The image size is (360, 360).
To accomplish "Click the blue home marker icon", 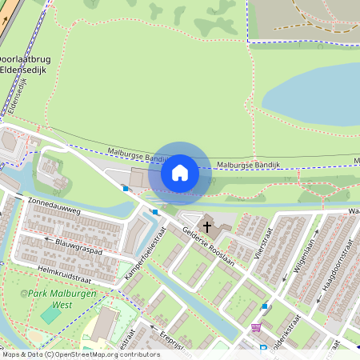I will click(x=180, y=172).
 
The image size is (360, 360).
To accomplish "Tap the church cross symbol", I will click(x=208, y=227).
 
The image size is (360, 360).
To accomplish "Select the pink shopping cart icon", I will click(x=256, y=326).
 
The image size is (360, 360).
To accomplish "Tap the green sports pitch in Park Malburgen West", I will click(x=50, y=314).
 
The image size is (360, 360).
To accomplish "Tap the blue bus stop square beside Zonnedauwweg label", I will click(x=126, y=189).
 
